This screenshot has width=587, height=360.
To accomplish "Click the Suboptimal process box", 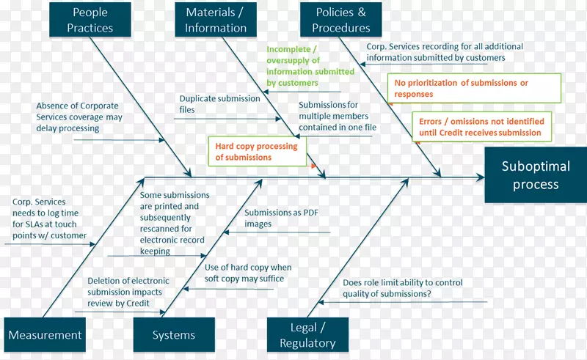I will point(535,175).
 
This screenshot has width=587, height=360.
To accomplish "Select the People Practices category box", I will point(90,20).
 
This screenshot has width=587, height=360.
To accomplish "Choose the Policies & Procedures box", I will point(340,20).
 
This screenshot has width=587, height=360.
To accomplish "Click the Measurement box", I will point(45,335).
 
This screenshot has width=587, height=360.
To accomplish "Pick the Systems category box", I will point(174,335).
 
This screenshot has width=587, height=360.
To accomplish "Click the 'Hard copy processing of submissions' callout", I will point(257,152).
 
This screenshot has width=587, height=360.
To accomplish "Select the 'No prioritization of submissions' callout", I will point(474,89).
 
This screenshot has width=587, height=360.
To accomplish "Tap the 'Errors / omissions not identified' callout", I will point(481,127).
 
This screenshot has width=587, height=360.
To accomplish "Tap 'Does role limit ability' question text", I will point(397,288).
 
